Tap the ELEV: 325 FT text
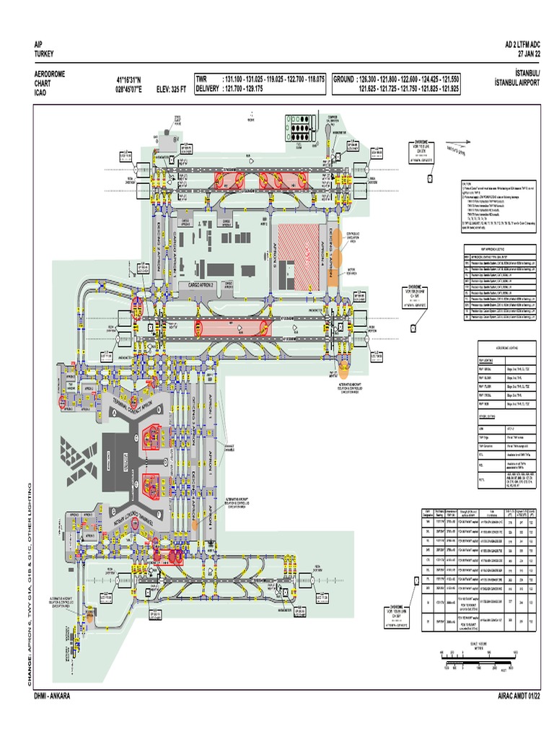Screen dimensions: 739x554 click(167, 89)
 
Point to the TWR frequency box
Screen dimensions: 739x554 click(259, 84)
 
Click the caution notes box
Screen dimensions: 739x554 click(498, 206)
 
